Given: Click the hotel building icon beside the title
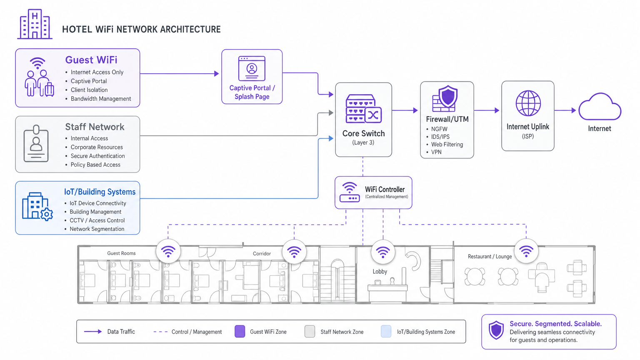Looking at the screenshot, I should tap(35, 25).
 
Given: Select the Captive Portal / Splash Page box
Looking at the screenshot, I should tap(252, 77).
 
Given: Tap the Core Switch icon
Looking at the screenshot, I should tap(363, 109).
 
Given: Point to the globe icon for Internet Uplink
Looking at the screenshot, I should tap(528, 103).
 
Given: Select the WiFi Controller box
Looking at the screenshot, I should tap(373, 192).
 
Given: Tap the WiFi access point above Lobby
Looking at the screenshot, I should tap(382, 252).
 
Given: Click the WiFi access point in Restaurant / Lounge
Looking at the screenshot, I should tap(526, 251).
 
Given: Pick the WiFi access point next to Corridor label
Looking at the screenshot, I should tap(294, 252).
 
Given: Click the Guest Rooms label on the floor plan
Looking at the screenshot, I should tap(121, 253).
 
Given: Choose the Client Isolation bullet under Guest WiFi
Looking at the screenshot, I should tap(89, 90).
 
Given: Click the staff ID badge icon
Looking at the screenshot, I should tap(36, 144).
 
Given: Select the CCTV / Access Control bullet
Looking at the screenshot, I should tap(97, 220).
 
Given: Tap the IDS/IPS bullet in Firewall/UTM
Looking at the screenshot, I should tap(440, 137).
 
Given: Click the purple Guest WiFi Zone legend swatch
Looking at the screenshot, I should tap(240, 332).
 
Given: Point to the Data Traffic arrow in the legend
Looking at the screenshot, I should tap(93, 332).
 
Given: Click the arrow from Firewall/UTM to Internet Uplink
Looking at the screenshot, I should tap(487, 110).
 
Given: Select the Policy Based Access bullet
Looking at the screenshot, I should tap(95, 165).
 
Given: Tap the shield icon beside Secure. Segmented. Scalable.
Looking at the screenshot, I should tap(496, 331).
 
